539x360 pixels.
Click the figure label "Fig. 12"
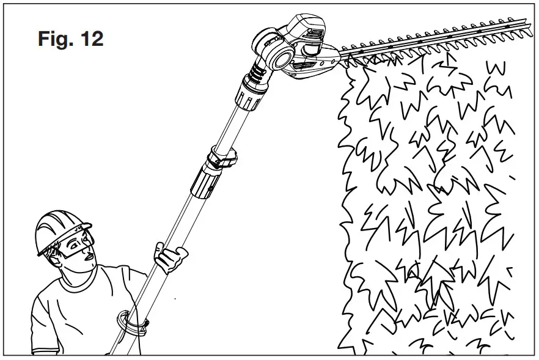70,39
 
